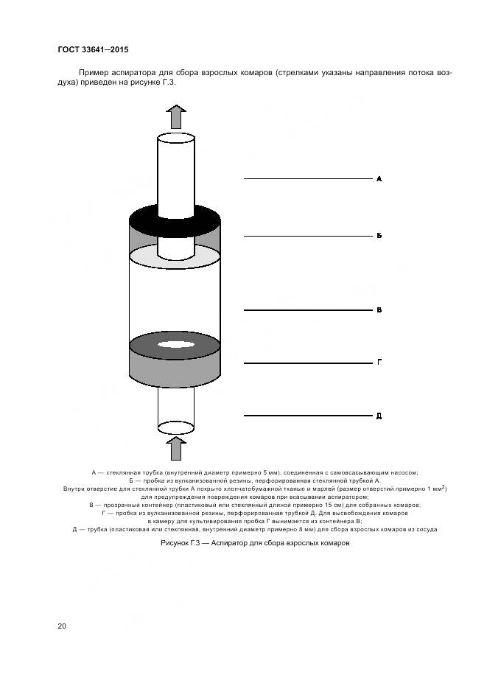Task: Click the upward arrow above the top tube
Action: (x=175, y=116)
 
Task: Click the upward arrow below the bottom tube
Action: (x=175, y=448)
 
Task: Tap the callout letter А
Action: (x=379, y=179)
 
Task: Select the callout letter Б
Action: (x=379, y=236)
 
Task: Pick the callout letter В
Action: (x=379, y=310)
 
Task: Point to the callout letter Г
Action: (x=379, y=363)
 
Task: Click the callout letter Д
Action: (x=379, y=416)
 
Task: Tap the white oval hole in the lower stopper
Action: (x=175, y=344)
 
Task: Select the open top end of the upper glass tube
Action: (x=175, y=139)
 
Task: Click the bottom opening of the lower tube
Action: (x=175, y=427)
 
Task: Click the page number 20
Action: (x=62, y=626)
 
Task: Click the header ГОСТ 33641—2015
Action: (x=93, y=49)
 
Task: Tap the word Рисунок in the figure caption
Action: (x=175, y=543)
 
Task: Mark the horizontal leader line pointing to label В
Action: (x=308, y=310)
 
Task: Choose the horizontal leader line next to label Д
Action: (x=308, y=416)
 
